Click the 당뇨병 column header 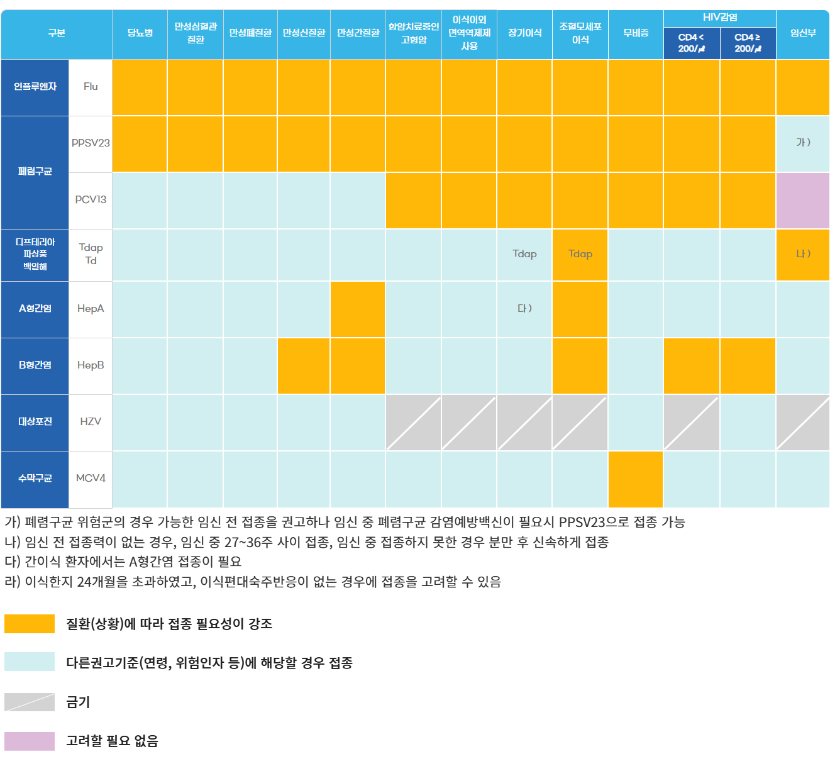pos(140,33)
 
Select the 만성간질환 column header pos(358,33)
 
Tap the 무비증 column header pos(636,33)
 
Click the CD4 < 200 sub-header pos(691,43)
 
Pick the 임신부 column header pos(803,33)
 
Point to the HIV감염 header pos(720,18)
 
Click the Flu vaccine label pos(91,87)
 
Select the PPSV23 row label pos(91,143)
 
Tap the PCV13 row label pos(91,200)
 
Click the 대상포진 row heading pos(35,422)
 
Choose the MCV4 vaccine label pos(91,479)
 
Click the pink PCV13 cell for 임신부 pos(803,201)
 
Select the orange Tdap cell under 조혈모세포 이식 pos(580,254)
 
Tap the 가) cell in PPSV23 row pos(803,143)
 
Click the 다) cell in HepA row pos(524,309)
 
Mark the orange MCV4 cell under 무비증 pos(636,479)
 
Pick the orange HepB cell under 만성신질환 pos(304,365)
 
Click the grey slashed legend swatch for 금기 pos(30,702)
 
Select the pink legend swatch pos(30,741)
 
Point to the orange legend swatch pos(30,624)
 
